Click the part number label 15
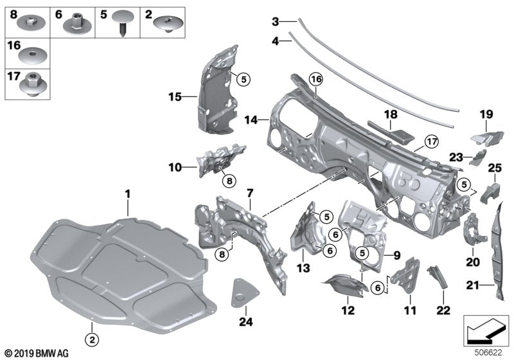[x=173, y=98]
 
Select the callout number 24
[x=244, y=322]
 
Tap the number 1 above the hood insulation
[x=127, y=193]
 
